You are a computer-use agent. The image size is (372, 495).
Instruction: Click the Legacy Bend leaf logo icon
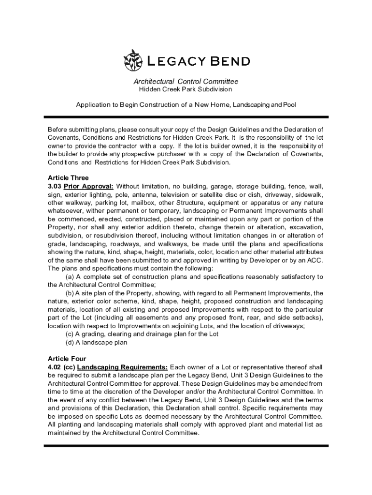tap(133, 60)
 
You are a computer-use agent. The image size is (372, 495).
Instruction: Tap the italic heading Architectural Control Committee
tap(186, 82)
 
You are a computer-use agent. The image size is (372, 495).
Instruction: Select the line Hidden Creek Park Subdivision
tap(186, 89)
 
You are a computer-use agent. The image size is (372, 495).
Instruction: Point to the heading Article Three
tap(68, 177)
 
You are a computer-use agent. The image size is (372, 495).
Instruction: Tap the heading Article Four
tap(67, 359)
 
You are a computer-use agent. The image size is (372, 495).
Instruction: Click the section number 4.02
tap(56, 367)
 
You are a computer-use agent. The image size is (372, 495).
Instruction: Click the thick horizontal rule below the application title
tap(186, 117)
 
